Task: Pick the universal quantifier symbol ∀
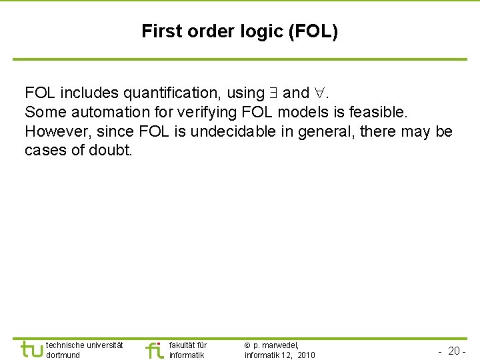click(x=321, y=93)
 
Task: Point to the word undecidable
click(x=231, y=131)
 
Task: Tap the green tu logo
click(x=31, y=349)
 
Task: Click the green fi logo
click(x=154, y=350)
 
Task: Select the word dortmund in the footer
click(x=63, y=355)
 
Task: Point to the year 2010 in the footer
click(x=306, y=355)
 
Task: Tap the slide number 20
click(x=455, y=351)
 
